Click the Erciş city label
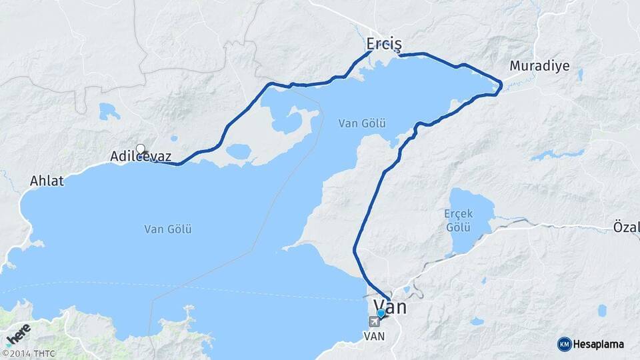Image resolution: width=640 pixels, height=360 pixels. coord(384,44)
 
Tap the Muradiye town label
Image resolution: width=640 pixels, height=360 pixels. coord(537,66)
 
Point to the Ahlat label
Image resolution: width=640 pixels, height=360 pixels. coord(47,181)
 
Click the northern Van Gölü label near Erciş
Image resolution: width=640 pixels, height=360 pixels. coord(362,123)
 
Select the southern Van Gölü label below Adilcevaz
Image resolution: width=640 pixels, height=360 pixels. coord(168,229)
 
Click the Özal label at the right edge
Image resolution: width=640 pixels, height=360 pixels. coord(627,228)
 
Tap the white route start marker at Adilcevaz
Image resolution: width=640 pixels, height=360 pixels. coord(140,148)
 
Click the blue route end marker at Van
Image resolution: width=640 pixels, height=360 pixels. coord(381,313)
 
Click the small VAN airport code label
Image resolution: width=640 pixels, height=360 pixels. coord(374,337)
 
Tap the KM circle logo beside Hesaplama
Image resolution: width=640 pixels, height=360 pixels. coord(564,344)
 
